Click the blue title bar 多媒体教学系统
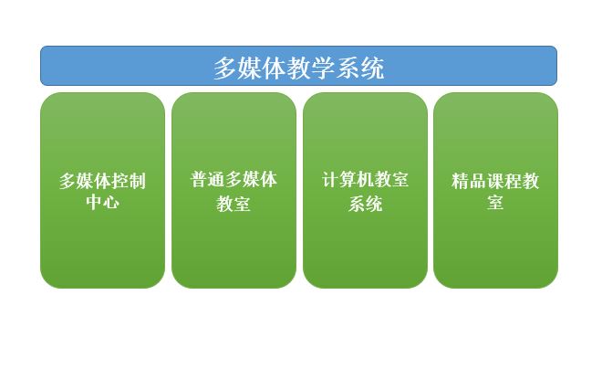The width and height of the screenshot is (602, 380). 298,66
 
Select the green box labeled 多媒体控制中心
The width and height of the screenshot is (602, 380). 102,190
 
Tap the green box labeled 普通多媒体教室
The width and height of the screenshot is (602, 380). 234,190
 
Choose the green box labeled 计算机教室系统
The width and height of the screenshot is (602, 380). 365,190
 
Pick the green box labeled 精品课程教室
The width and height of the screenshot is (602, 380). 495,190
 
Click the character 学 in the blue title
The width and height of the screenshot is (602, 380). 323,69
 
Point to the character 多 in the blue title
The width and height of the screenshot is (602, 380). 225,69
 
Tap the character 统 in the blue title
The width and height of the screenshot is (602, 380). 372,69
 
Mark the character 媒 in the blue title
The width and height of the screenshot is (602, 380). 250,69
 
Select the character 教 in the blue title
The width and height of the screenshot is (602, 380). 299,69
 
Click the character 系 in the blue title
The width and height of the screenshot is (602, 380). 348,69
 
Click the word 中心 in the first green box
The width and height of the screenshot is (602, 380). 102,202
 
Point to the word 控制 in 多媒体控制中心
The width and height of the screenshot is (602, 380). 129,181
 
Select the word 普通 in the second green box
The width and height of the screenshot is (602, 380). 208,180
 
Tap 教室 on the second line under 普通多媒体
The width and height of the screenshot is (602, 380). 234,204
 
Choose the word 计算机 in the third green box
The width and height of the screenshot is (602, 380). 348,180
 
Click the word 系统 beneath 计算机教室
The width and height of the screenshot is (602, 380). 365,204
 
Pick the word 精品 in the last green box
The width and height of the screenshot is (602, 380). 469,181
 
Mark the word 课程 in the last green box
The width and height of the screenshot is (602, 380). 504,181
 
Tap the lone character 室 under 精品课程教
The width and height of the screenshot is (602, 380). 495,202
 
